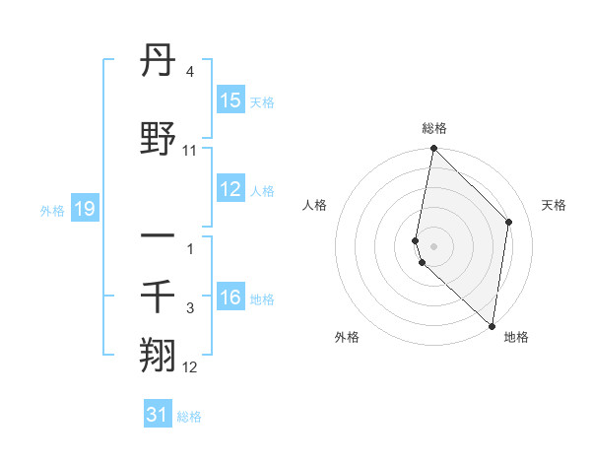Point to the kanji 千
click(x=159, y=298)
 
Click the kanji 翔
click(x=159, y=355)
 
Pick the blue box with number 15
click(x=230, y=100)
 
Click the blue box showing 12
click(x=230, y=189)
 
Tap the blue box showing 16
click(x=230, y=298)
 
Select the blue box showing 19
click(x=85, y=209)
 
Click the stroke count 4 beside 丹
click(x=189, y=73)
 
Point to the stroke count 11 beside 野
click(x=190, y=151)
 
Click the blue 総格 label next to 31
click(x=189, y=417)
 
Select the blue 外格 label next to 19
click(x=52, y=210)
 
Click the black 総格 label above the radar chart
click(x=434, y=128)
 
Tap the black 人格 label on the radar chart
click(x=315, y=205)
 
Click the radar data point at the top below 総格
click(x=433, y=149)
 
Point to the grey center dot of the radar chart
click(x=433, y=245)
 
